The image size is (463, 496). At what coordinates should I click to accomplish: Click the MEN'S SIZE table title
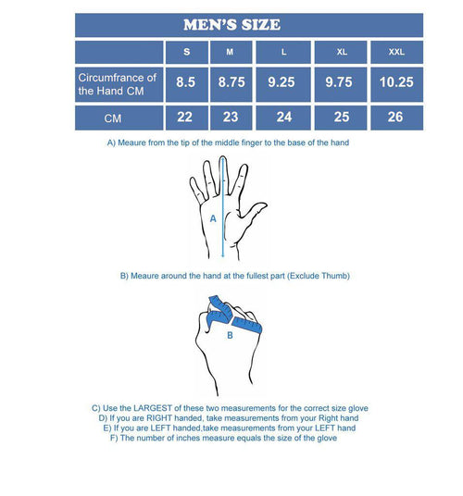point(233,24)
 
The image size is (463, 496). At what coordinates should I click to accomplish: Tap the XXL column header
point(394,52)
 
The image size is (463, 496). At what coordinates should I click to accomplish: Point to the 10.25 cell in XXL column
point(394,82)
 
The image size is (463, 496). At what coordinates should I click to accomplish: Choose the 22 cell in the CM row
point(185,118)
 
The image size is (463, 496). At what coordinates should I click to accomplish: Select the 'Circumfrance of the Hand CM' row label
point(118,83)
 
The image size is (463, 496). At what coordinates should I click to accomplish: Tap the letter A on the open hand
point(213,219)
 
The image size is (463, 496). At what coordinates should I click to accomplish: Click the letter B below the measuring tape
point(229,336)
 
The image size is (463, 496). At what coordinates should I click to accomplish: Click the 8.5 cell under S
point(185,82)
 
